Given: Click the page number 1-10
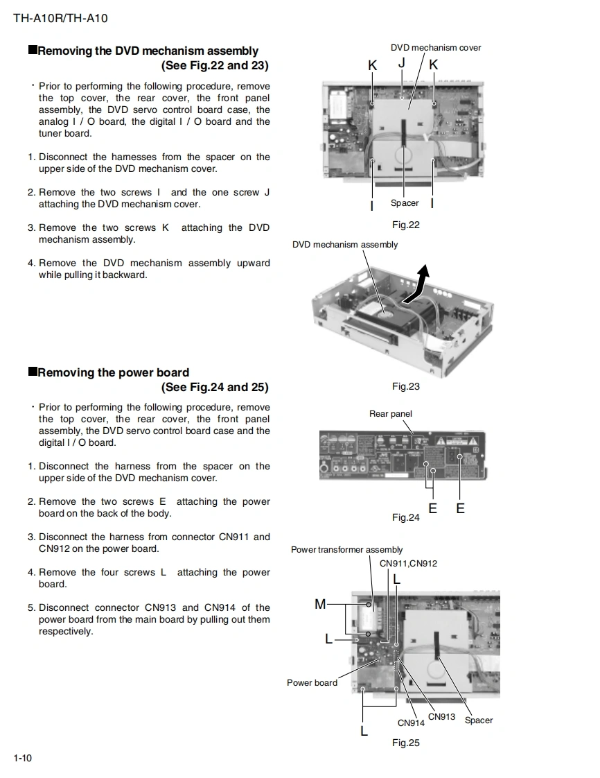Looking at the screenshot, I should click(22, 758).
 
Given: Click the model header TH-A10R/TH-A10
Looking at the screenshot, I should click(60, 18).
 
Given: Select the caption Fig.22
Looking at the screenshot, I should click(406, 225).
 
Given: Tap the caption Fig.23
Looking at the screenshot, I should click(406, 386).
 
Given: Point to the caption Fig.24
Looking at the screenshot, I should click(406, 517).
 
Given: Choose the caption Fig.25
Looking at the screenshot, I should click(406, 743).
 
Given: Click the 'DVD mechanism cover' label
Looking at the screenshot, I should click(436, 48).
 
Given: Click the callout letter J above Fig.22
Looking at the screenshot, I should click(402, 63).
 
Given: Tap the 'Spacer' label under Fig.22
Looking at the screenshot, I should click(405, 203).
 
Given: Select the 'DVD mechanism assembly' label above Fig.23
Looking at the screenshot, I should click(345, 244).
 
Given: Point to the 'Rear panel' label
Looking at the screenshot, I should click(391, 414).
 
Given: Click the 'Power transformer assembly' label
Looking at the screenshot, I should click(346, 550).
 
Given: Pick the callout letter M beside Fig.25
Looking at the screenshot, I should click(320, 604).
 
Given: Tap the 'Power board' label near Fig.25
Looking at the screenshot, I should click(312, 683).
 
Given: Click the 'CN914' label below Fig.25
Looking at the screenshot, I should click(411, 723).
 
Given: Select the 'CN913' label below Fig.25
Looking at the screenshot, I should click(441, 717).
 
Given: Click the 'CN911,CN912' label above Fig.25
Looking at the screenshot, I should click(409, 563).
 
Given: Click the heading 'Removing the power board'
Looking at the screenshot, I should click(113, 372).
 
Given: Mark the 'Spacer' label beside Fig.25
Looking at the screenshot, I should click(479, 720).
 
